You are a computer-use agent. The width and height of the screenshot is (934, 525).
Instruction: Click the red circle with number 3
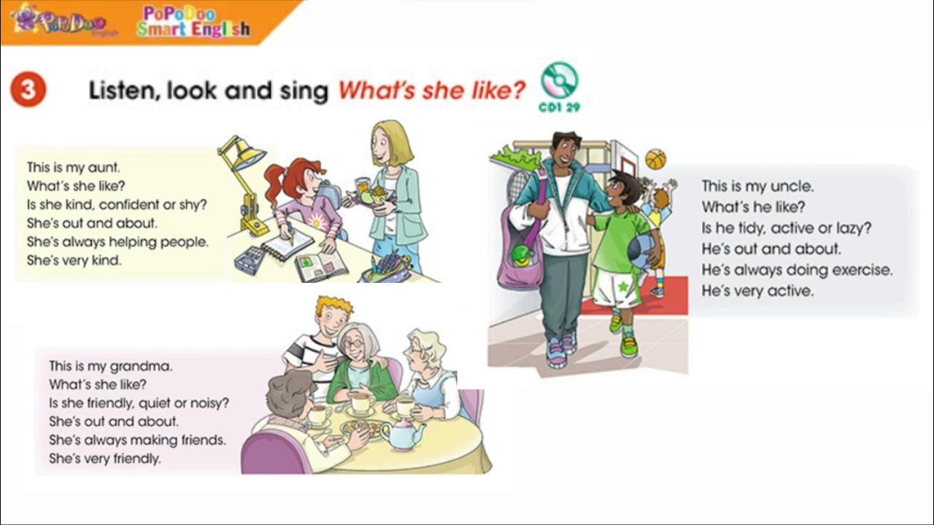[28, 90]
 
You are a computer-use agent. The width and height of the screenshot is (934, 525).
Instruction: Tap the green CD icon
[560, 80]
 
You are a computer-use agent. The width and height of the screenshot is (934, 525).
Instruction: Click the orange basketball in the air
[655, 159]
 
